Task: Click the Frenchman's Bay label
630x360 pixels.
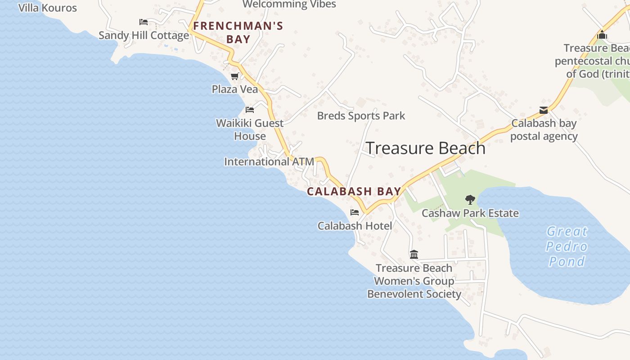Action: coord(238,32)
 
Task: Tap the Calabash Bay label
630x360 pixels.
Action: coord(354,191)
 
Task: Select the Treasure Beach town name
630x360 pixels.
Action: coord(425,148)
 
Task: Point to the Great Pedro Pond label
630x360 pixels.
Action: coord(567,246)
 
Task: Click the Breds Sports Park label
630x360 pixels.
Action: coord(361,116)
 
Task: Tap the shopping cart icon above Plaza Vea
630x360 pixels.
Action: coord(234,76)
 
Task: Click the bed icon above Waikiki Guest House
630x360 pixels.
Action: coord(250,110)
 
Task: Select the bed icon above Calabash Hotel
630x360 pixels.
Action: coord(355,212)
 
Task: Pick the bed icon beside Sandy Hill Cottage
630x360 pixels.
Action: coord(144,22)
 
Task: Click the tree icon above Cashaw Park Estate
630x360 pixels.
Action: coord(470,199)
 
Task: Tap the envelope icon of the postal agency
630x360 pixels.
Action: coord(544,110)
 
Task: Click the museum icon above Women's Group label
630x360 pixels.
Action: coord(414,255)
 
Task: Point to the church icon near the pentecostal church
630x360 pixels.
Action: coord(602,35)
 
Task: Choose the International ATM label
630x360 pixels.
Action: coord(269,162)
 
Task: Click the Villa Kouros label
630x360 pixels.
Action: coord(48,8)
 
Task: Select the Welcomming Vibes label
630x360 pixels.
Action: coord(289,4)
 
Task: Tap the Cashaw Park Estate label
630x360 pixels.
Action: coord(470,213)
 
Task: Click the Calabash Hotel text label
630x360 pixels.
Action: coord(355,226)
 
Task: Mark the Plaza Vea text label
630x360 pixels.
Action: coord(235,89)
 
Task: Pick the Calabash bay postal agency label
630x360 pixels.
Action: coord(544,130)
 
